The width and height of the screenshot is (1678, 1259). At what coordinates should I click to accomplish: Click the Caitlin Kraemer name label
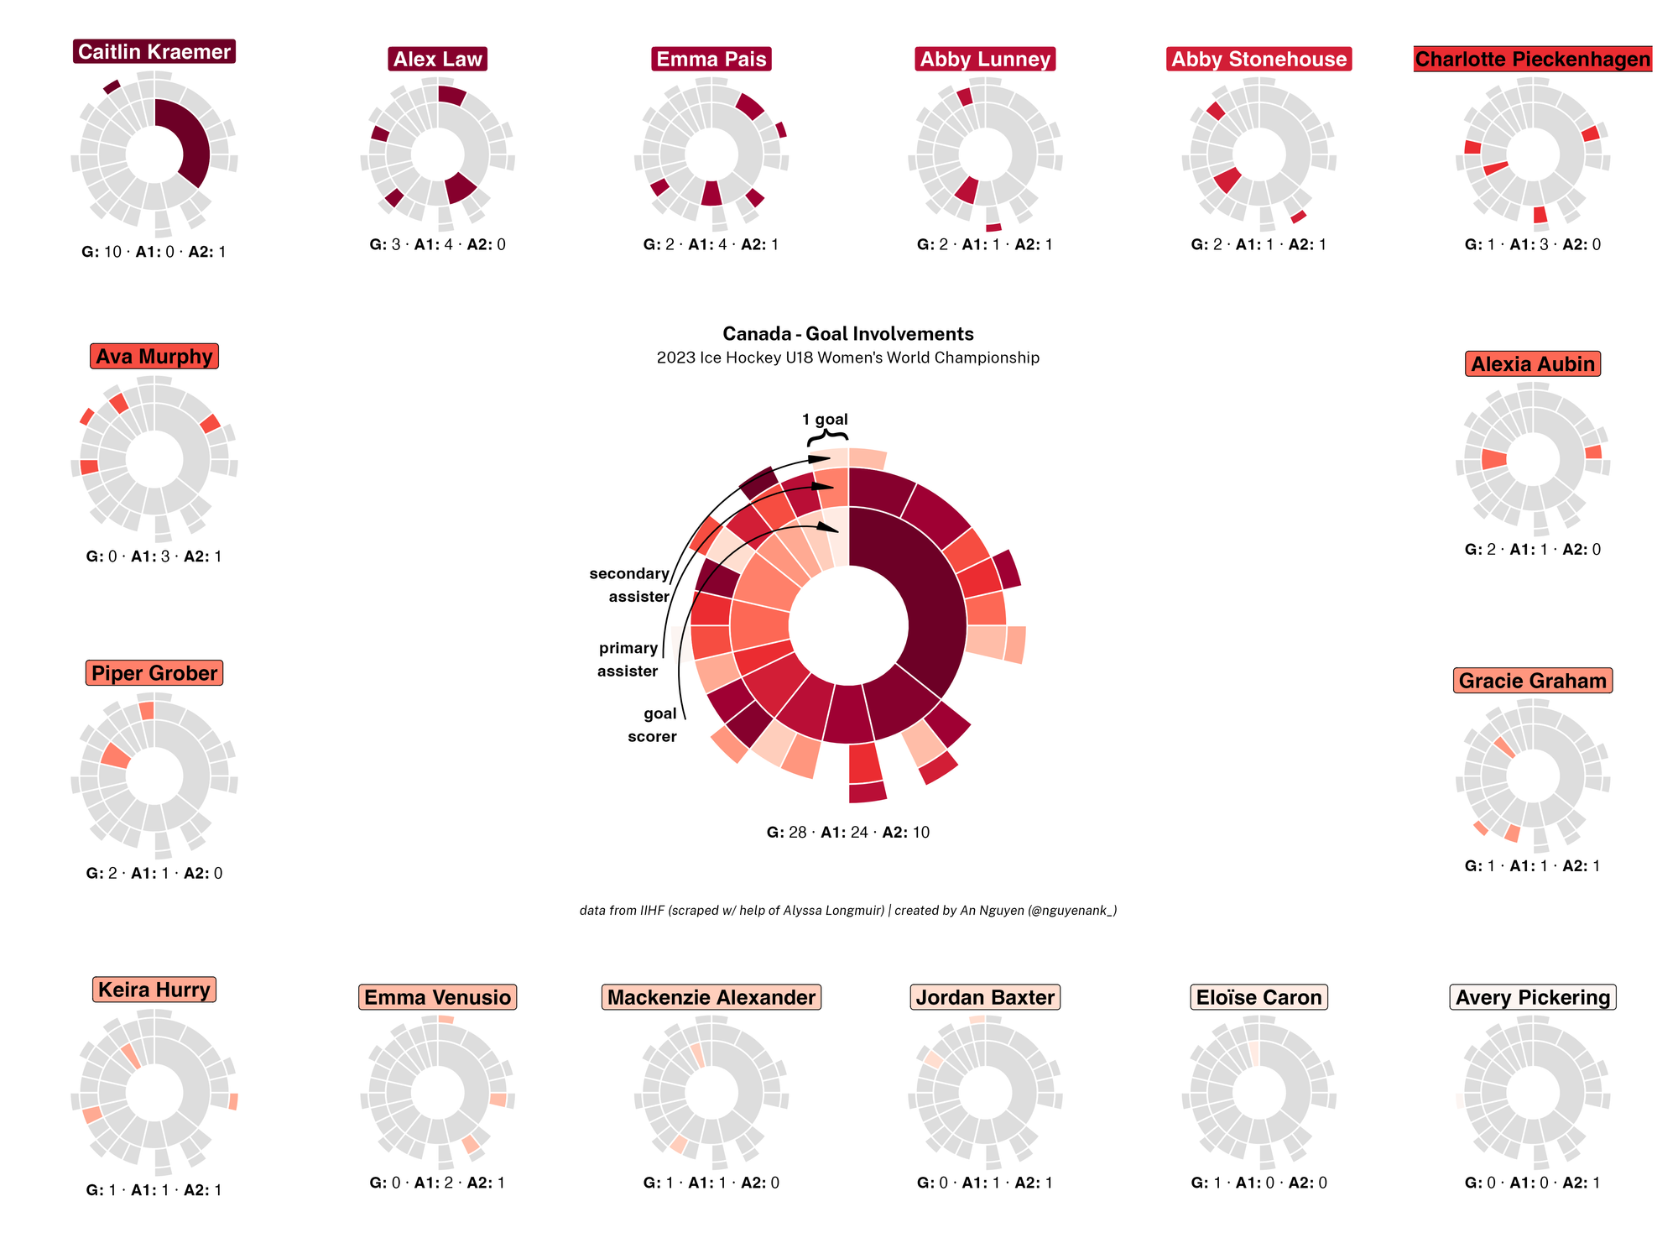pos(154,52)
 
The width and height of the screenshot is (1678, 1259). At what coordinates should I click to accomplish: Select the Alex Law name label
pos(437,60)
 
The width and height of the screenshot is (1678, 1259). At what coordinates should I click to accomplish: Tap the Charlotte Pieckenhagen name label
pos(1532,60)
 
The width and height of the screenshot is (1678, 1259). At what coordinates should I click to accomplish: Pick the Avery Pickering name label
pos(1532,997)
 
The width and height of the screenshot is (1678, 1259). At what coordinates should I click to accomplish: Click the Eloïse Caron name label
pos(1258,997)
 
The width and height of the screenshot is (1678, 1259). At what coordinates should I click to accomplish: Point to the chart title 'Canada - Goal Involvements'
pos(847,334)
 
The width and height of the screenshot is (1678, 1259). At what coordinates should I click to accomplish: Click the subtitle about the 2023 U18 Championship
pos(847,358)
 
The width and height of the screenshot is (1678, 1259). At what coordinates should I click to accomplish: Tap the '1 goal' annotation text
pos(825,420)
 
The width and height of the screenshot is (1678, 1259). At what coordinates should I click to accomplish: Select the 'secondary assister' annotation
pos(629,585)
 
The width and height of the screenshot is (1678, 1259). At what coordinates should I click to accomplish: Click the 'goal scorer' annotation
pos(653,725)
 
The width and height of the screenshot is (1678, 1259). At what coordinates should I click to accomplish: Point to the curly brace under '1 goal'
pos(827,437)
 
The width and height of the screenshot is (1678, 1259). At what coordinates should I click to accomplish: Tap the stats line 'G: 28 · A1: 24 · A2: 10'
pos(847,833)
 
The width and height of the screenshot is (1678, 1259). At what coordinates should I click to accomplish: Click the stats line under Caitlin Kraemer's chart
pos(154,252)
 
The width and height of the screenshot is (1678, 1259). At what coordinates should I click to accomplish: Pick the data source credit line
pos(847,911)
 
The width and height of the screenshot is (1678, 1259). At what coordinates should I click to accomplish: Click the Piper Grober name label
pos(154,673)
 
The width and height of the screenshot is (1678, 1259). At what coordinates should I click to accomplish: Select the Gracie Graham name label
pos(1532,681)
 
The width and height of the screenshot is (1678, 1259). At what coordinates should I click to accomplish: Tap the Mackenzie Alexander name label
pos(711,997)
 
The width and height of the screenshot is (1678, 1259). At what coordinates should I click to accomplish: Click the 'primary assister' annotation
pos(628,660)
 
